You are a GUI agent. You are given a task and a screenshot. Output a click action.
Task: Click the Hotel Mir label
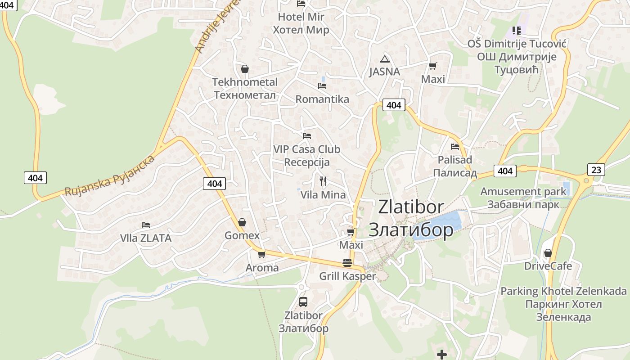pyautogui.click(x=301, y=23)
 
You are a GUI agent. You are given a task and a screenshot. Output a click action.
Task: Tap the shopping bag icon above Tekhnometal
pyautogui.click(x=244, y=69)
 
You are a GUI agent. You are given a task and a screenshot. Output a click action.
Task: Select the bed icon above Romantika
pyautogui.click(x=322, y=85)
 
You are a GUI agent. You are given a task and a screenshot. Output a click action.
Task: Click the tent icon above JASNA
pyautogui.click(x=384, y=59)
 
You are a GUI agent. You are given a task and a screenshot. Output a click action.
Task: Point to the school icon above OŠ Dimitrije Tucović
pyautogui.click(x=516, y=31)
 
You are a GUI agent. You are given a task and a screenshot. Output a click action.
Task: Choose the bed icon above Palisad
pyautogui.click(x=455, y=146)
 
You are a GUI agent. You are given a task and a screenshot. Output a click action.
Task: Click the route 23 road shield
pyautogui.click(x=596, y=170)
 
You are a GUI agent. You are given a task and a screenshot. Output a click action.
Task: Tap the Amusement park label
pyautogui.click(x=523, y=198)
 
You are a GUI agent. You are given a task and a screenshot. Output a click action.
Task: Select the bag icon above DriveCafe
pyautogui.click(x=548, y=253)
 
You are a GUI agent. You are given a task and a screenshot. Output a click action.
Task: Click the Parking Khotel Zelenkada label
pyautogui.click(x=563, y=304)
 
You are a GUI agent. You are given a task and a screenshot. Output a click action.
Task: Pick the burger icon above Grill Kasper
pyautogui.click(x=347, y=263)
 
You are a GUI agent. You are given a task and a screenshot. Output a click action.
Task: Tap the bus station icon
pyautogui.click(x=303, y=302)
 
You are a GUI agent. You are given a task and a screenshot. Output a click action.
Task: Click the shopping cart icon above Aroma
pyautogui.click(x=261, y=255)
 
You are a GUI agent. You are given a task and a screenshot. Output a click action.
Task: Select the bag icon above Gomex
pyautogui.click(x=242, y=222)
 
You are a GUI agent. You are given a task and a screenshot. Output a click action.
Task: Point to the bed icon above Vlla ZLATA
pyautogui.click(x=145, y=225)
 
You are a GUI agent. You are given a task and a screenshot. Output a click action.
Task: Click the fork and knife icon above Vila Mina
pyautogui.click(x=323, y=181)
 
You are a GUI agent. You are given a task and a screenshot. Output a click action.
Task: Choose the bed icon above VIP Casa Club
pyautogui.click(x=307, y=135)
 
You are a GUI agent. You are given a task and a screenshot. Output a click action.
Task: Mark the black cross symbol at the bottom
pyautogui.click(x=442, y=355)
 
